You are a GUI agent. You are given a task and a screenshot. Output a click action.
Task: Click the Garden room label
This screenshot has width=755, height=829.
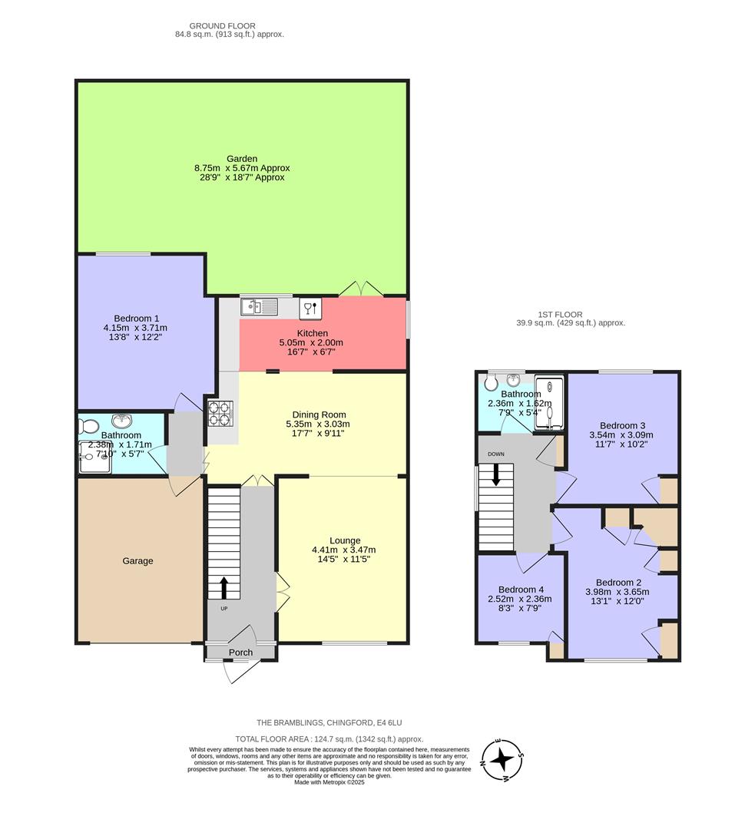[x=242, y=158]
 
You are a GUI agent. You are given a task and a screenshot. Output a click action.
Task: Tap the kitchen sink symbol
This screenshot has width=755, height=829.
[x=258, y=307]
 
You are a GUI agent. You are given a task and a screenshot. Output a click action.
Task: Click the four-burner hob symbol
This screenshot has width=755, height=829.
[x=220, y=414]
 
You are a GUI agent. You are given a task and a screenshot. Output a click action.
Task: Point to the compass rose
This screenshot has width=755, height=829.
[x=502, y=760]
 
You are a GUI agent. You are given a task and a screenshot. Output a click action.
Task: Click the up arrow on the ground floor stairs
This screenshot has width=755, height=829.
[x=224, y=588]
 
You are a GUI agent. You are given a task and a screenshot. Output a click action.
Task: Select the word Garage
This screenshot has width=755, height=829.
[x=137, y=560]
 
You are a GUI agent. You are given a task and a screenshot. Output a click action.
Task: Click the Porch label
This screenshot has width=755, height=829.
[x=240, y=652]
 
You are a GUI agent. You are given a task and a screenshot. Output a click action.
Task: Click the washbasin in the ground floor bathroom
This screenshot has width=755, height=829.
[x=121, y=421]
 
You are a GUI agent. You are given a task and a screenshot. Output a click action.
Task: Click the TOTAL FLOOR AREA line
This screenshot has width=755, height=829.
[x=329, y=739]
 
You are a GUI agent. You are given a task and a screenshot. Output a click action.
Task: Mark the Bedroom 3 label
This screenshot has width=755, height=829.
[x=622, y=425]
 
